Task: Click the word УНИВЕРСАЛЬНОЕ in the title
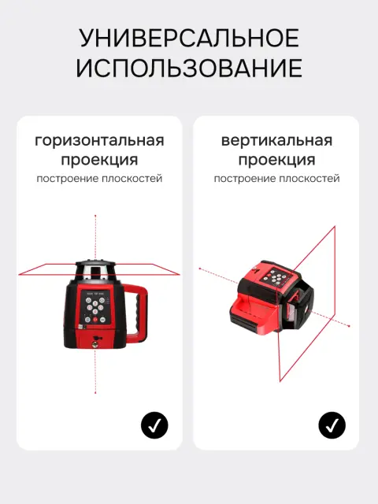189,38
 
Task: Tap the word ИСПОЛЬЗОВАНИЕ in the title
189,68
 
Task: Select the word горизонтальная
99,141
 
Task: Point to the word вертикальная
276,141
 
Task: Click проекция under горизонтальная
99,160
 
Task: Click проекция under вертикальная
276,160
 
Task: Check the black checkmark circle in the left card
154,425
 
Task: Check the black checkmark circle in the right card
332,425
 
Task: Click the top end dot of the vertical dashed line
95,216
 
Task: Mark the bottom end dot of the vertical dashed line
95,392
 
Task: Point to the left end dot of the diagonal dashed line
200,269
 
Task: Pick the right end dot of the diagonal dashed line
349,326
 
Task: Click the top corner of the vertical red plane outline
335,226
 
